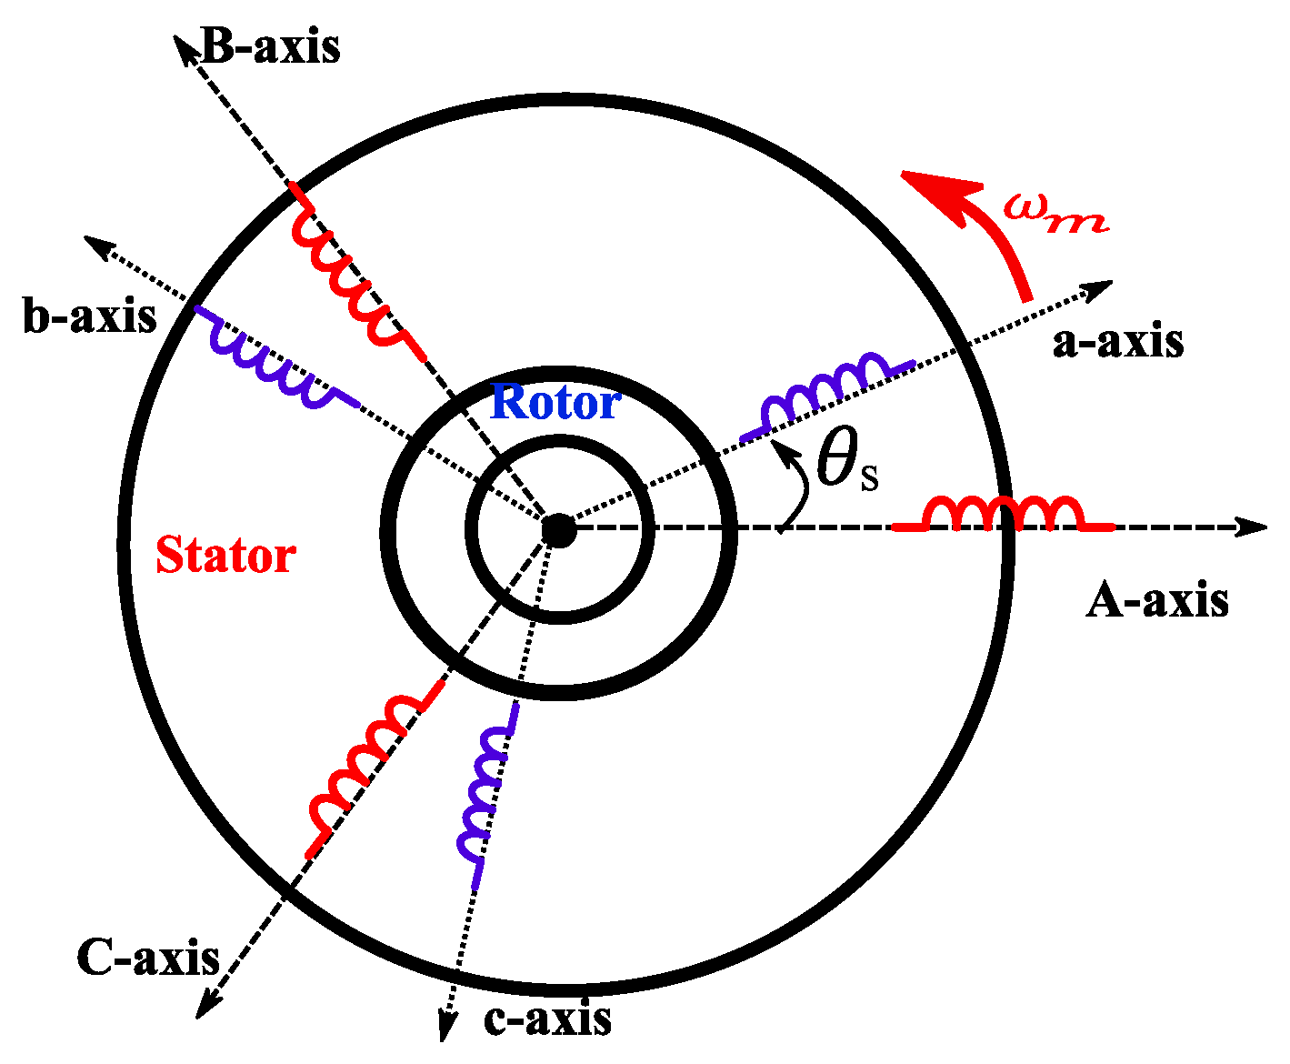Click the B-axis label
(270, 46)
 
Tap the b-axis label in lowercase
(90, 317)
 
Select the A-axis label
(1157, 601)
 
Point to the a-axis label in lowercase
(1118, 342)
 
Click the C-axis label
(148, 958)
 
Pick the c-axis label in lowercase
(547, 1019)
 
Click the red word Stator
(225, 555)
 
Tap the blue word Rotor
(555, 403)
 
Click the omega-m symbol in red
(1055, 213)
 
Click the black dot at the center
(558, 529)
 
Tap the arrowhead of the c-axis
(446, 1028)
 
